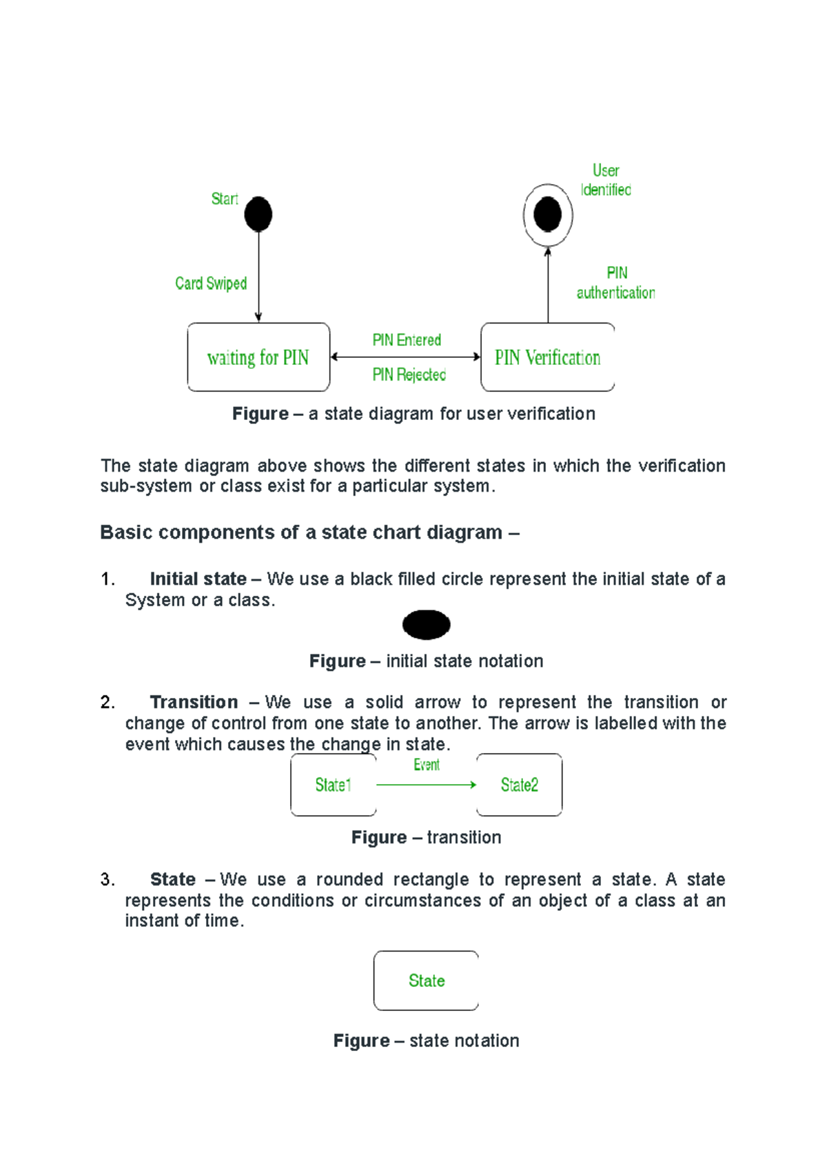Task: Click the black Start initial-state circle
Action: tap(258, 214)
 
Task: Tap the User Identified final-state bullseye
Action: tap(548, 214)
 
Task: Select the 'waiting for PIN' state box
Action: tap(258, 357)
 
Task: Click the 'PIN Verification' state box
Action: tap(548, 357)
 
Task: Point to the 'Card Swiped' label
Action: tap(211, 283)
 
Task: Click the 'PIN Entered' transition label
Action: tap(407, 340)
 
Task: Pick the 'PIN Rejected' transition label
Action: tap(409, 374)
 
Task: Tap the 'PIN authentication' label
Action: tap(616, 283)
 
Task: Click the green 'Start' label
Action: tap(225, 199)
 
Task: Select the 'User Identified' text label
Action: tap(606, 180)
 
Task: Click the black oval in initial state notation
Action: tap(427, 625)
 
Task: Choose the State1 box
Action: tap(334, 785)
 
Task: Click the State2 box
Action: tap(520, 785)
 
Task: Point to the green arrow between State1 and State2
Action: tap(426, 785)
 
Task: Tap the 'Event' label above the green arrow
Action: tap(427, 765)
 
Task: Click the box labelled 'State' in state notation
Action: tap(427, 981)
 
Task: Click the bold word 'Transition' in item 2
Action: tap(194, 702)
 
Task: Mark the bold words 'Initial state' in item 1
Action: tap(198, 579)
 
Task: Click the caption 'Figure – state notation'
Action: tap(426, 1041)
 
